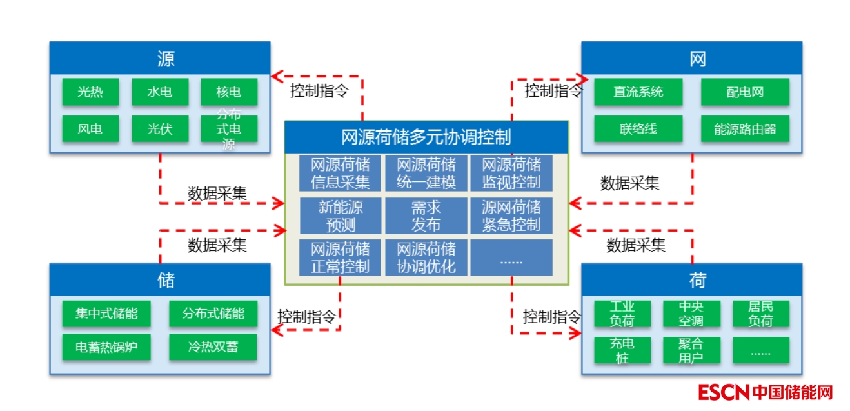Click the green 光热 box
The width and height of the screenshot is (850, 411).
90,92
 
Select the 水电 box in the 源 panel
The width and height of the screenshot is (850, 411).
160,92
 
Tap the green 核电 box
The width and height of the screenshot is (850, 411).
229,92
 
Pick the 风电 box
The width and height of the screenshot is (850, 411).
90,128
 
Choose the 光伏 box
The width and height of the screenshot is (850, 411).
160,128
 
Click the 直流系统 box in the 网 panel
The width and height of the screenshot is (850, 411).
638,92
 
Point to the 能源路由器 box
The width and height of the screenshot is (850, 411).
745,128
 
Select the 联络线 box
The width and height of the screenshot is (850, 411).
638,128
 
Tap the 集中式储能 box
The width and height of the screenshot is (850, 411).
106,314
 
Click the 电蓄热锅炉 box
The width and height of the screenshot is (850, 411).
106,347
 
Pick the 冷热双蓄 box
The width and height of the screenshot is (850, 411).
213,347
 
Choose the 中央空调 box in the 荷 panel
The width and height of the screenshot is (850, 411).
691,314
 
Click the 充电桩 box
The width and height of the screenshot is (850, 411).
622,350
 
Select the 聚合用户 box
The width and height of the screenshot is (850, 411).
691,350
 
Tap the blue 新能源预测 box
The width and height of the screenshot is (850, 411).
341,216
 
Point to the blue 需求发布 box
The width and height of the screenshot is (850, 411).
426,216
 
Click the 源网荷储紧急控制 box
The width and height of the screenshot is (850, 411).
511,216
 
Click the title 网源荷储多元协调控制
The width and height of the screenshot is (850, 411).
426,137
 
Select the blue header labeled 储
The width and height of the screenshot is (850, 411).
160,280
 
